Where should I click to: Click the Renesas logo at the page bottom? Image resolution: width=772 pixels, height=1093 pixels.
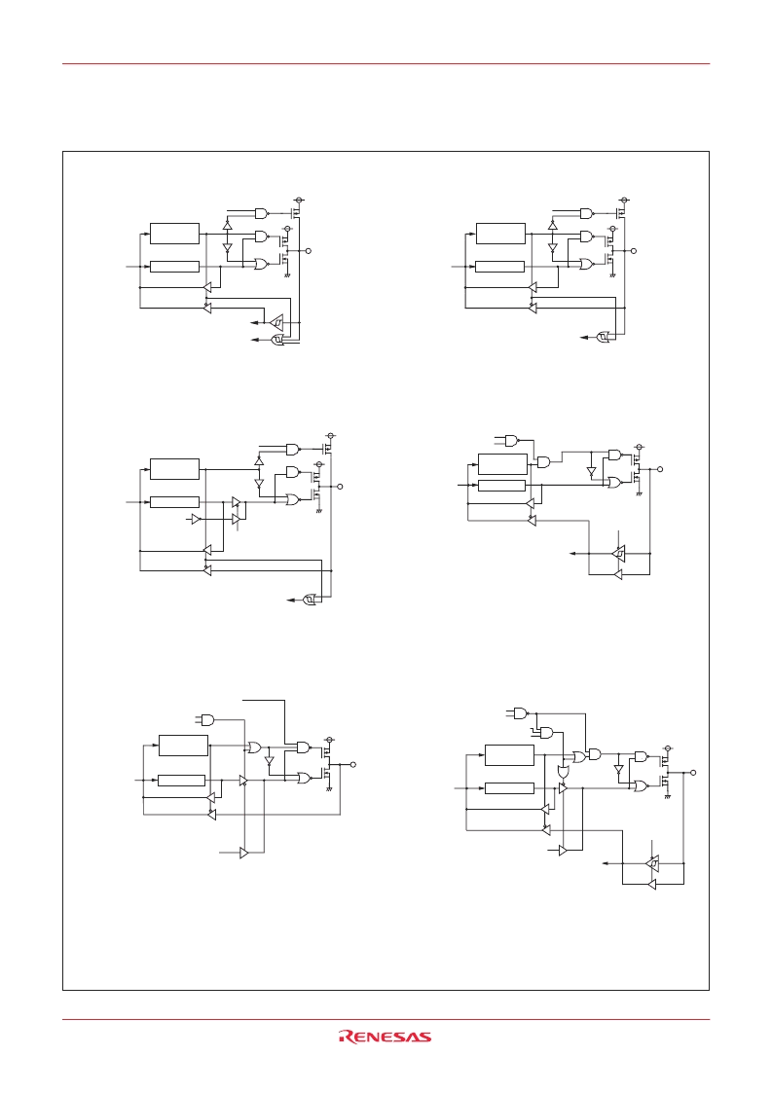pos(385,1037)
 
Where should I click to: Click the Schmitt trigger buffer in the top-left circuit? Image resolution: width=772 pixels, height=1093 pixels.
pos(276,323)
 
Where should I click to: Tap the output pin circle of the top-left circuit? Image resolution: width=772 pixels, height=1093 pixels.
pos(309,250)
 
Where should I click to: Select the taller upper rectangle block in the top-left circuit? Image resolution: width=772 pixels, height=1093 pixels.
pos(174,234)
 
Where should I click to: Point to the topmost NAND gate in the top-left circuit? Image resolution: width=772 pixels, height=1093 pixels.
pos(262,212)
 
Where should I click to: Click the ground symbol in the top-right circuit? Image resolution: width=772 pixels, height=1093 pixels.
pos(612,276)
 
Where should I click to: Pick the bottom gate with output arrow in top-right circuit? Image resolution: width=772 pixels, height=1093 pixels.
pos(604,338)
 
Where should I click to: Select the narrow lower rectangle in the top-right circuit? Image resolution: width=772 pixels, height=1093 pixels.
pos(500,267)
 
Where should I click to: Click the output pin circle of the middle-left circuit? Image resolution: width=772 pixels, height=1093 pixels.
pos(341,486)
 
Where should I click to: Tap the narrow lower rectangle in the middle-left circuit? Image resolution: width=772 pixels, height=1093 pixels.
pos(174,502)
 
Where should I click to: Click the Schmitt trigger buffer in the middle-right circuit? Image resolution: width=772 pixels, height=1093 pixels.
pos(618,554)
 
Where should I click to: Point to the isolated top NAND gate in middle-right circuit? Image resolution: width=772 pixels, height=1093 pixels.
pos(512,441)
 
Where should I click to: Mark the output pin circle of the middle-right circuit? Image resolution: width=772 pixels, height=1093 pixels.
pos(660,469)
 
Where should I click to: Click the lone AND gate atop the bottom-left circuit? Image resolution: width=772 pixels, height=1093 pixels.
pos(207,719)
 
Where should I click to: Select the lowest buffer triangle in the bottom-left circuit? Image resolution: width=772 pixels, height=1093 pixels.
pos(244,853)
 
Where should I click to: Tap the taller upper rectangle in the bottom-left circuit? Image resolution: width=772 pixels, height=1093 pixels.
pos(183,746)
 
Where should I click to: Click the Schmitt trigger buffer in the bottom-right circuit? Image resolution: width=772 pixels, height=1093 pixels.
pos(652,863)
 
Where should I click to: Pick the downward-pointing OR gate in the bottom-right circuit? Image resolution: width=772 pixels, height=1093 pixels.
pos(563,773)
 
